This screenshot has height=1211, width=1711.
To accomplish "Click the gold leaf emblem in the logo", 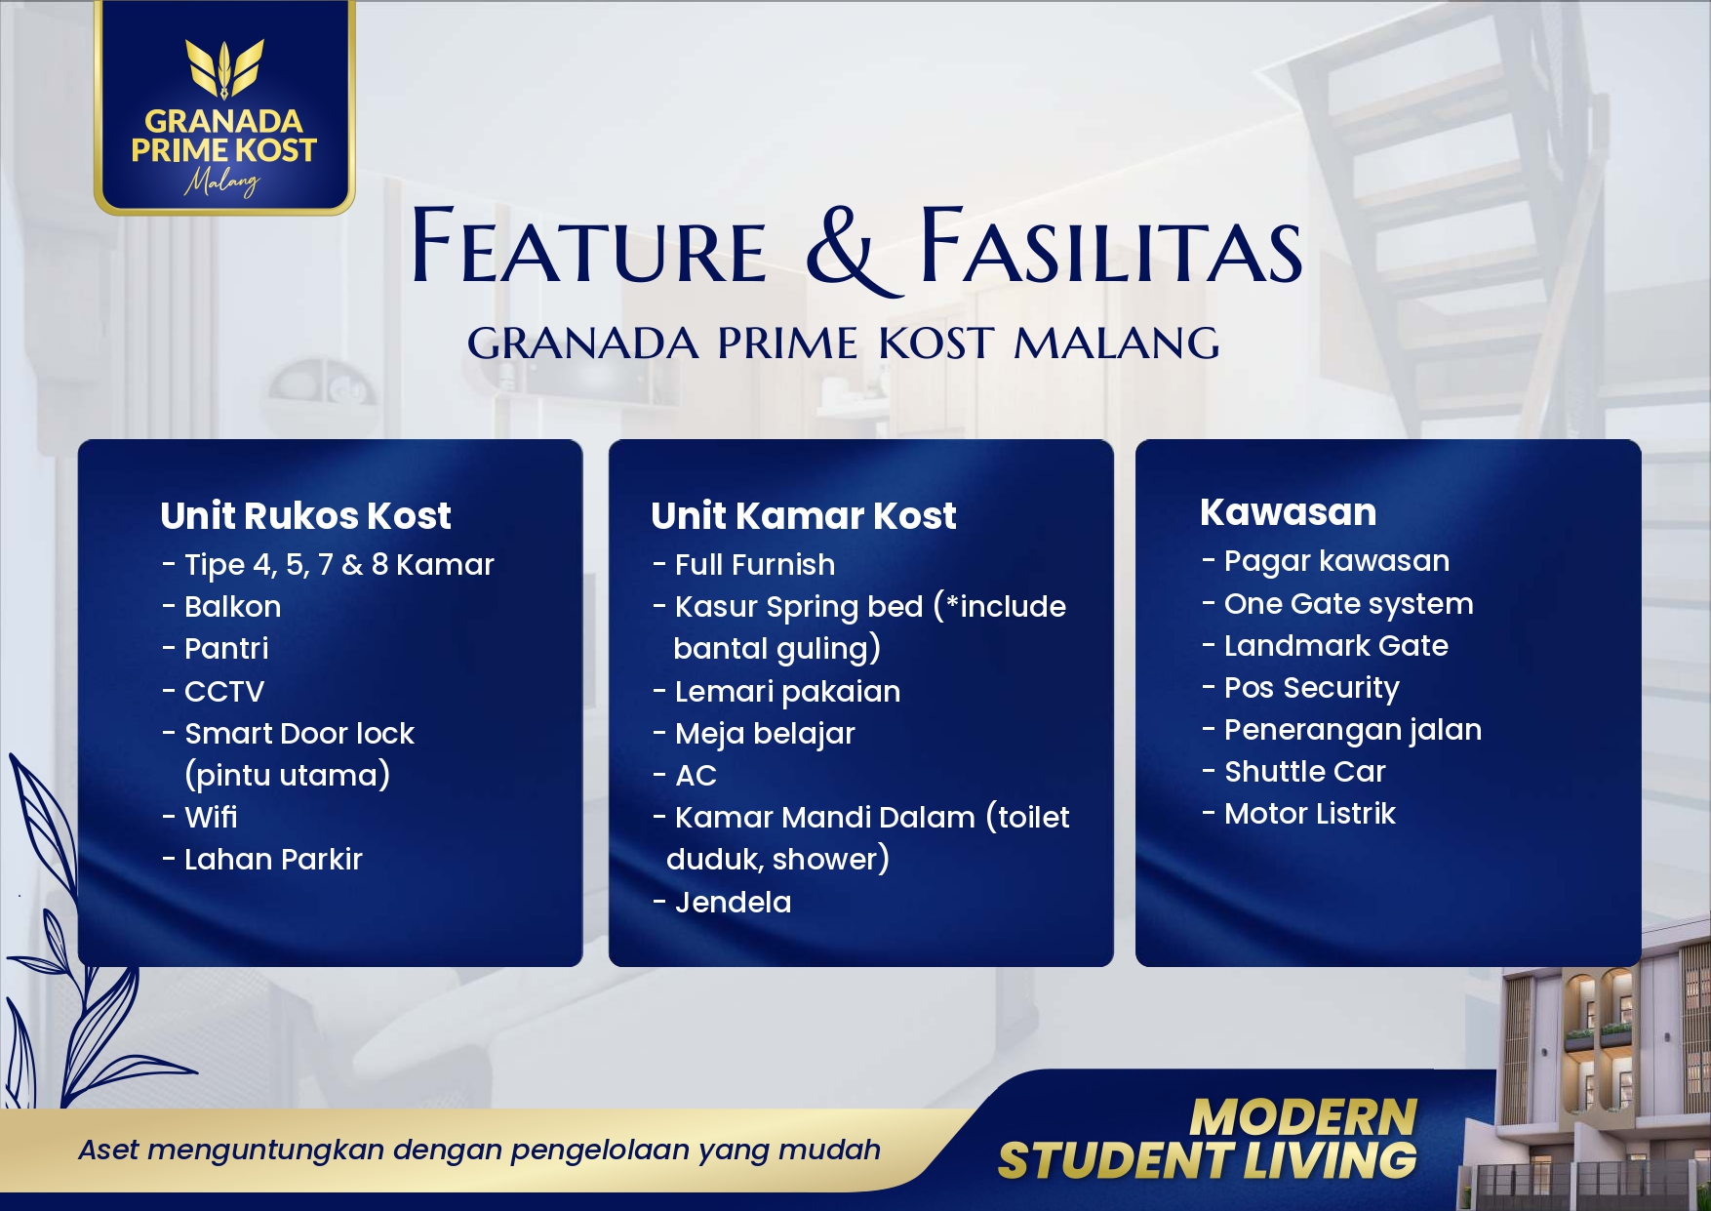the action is pyautogui.click(x=224, y=68).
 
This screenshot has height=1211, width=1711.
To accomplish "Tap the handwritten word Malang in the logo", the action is pyautogui.click(x=223, y=182).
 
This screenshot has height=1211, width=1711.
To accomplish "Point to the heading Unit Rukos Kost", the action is pyautogui.click(x=305, y=515).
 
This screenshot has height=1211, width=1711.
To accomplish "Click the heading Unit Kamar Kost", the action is pyautogui.click(x=803, y=515).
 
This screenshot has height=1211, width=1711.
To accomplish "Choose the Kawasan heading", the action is pyautogui.click(x=1288, y=512).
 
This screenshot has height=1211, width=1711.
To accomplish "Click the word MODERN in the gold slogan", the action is pyautogui.click(x=1303, y=1116).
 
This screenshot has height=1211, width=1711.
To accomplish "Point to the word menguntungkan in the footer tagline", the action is pyautogui.click(x=269, y=1150).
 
